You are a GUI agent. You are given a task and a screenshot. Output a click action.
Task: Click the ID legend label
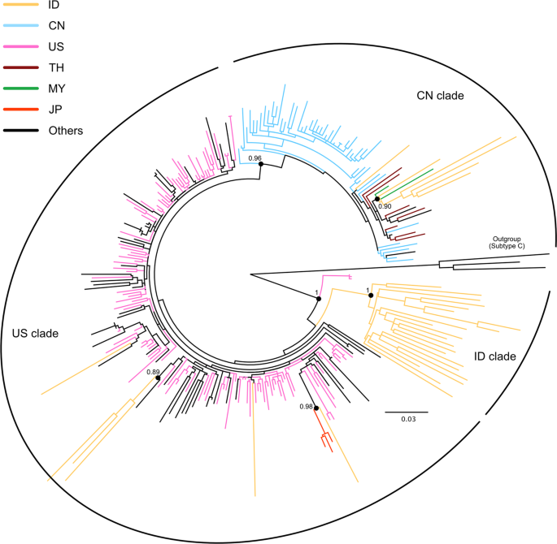click(x=55, y=6)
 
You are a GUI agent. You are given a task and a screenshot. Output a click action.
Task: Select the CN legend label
click(x=57, y=27)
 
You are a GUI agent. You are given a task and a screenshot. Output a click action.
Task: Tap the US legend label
click(x=57, y=48)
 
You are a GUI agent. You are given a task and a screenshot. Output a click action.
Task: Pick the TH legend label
click(x=56, y=68)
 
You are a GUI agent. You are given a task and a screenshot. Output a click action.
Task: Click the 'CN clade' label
click(x=434, y=96)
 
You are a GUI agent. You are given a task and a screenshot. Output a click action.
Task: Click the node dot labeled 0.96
click(x=260, y=165)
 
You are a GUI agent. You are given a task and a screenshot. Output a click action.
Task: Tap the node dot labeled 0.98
click(x=316, y=408)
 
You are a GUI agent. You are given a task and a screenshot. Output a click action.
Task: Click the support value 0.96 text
click(x=255, y=158)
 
